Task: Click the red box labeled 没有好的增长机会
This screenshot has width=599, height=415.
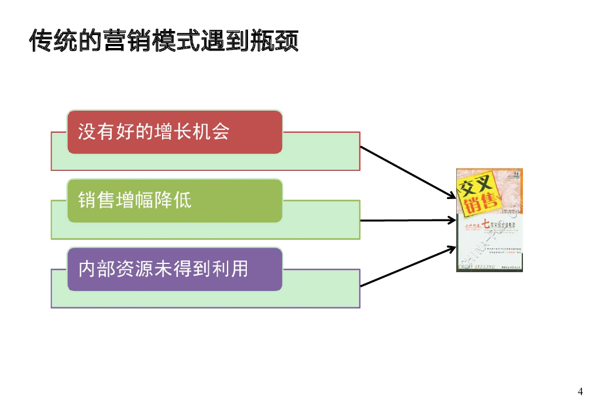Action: (174, 132)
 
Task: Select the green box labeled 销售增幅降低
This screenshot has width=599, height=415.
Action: (174, 201)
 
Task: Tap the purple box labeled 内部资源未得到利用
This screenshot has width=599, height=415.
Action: (174, 269)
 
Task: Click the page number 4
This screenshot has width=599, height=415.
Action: (580, 392)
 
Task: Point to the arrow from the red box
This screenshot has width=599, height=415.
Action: (407, 172)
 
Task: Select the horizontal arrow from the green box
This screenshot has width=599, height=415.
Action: (407, 221)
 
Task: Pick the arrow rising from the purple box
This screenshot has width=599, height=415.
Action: (407, 266)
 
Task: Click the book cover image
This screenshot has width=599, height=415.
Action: (490, 220)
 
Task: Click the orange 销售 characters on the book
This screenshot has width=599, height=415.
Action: (483, 204)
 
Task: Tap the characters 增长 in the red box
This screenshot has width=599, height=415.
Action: (172, 132)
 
